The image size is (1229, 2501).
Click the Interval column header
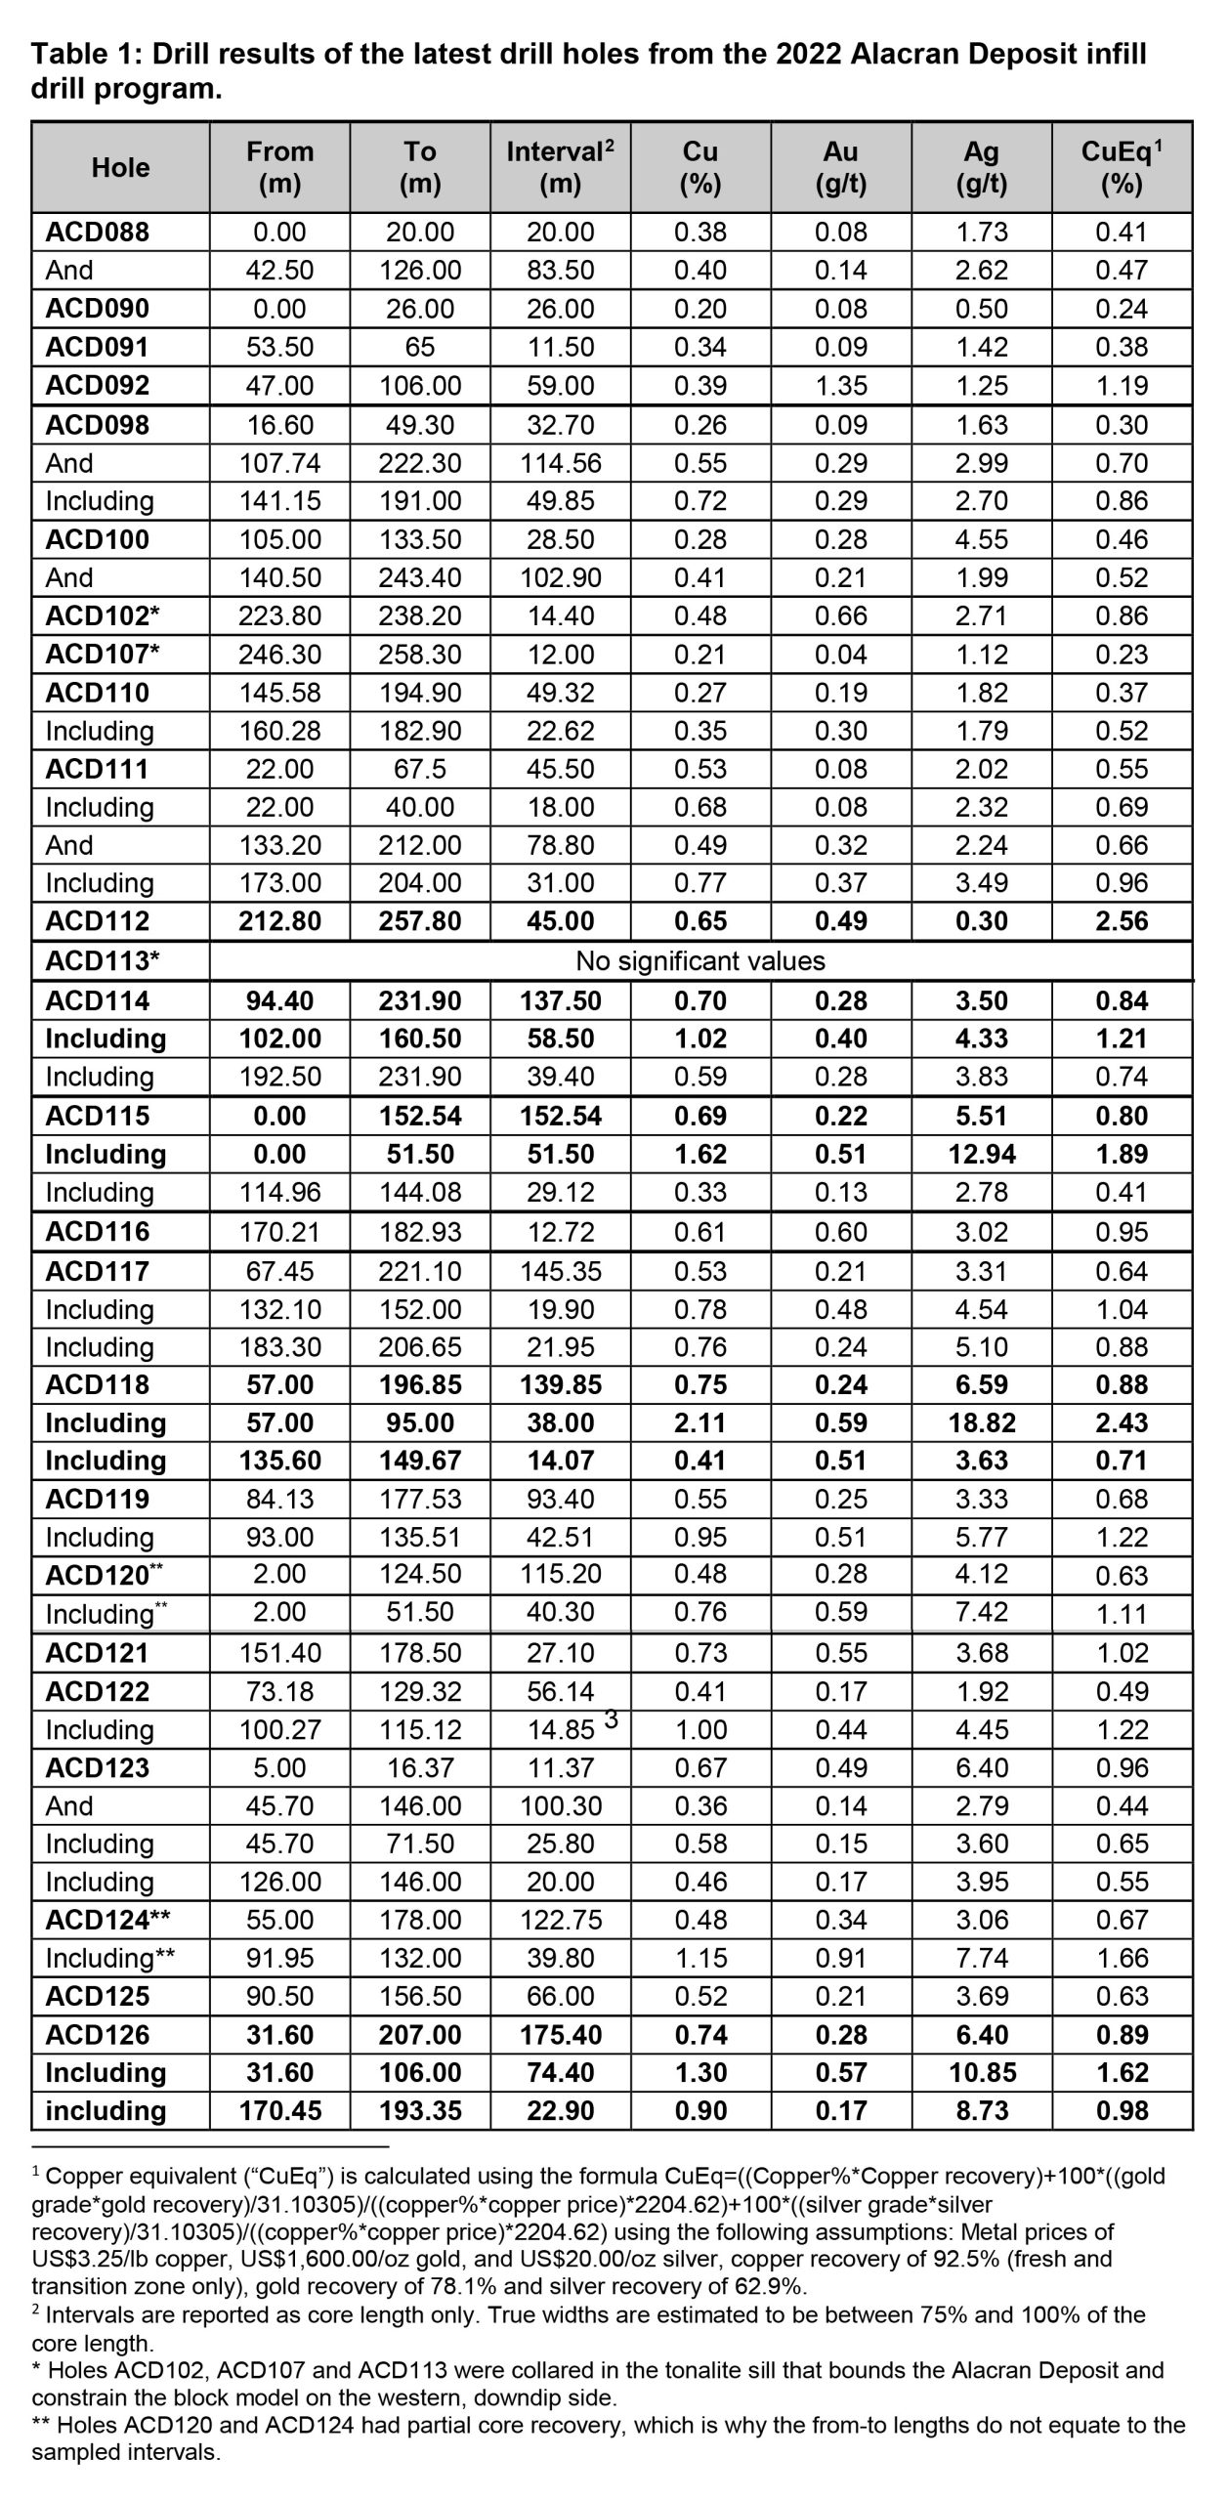click(560, 167)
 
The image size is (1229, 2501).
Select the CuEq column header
click(1122, 167)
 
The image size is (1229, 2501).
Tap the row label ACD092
click(98, 385)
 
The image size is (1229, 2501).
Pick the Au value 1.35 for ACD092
click(840, 385)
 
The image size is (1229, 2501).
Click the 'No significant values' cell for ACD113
click(700, 960)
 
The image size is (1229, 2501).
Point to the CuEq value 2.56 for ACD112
click(1122, 921)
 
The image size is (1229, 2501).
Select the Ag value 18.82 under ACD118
click(981, 1422)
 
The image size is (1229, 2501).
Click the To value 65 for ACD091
click(420, 347)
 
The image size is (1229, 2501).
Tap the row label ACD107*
click(103, 655)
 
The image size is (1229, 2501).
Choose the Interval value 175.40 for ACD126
click(560, 2035)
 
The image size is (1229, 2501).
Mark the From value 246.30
click(279, 655)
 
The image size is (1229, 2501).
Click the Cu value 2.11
click(700, 1422)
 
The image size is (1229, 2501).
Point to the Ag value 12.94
click(981, 1154)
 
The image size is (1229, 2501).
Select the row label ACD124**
click(108, 1920)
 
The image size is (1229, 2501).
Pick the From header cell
click(279, 167)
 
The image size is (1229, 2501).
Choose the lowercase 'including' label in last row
click(106, 2110)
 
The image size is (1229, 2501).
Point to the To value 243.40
click(420, 577)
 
